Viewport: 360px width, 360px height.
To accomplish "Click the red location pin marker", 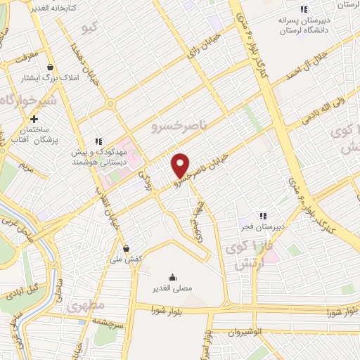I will [x=181, y=165].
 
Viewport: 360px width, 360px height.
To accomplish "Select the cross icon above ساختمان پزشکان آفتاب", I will [x=34, y=120].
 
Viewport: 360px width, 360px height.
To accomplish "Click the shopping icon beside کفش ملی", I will [x=126, y=247].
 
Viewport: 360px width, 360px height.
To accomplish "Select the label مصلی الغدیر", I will [x=173, y=288].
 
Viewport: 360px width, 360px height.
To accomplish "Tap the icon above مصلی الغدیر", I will [x=173, y=277].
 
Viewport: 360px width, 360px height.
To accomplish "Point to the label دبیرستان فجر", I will [x=268, y=227].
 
